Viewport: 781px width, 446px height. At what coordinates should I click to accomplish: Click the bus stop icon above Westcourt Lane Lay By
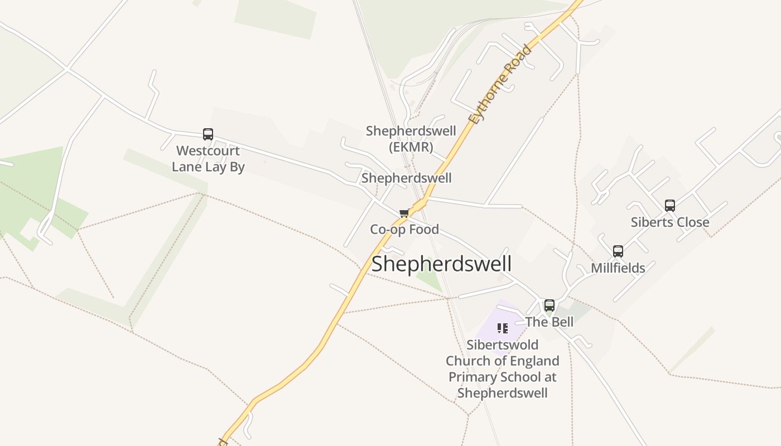(x=208, y=134)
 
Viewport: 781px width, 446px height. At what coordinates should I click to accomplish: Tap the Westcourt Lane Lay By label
(x=208, y=159)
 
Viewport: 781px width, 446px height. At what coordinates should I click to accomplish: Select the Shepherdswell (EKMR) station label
(x=411, y=139)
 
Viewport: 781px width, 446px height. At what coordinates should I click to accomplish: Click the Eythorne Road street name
(x=500, y=85)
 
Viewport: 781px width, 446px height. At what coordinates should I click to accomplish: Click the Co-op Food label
(x=404, y=229)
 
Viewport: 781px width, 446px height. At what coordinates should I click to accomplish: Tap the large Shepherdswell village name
(x=441, y=264)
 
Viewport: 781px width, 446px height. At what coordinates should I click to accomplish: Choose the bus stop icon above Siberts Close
(x=670, y=206)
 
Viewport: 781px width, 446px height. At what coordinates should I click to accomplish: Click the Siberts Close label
(x=670, y=222)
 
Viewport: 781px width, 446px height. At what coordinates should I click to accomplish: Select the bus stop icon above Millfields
(x=618, y=251)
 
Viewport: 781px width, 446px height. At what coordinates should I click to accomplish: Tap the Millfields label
(x=618, y=268)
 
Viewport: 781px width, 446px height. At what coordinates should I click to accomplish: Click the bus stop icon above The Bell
(x=549, y=306)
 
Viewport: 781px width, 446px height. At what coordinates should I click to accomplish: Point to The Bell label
(x=549, y=322)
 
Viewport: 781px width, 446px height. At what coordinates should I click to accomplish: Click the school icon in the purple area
(x=503, y=328)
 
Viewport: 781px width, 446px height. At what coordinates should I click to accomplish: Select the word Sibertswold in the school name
(x=503, y=345)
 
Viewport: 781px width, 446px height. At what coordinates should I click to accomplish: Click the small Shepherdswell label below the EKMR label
(x=407, y=178)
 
